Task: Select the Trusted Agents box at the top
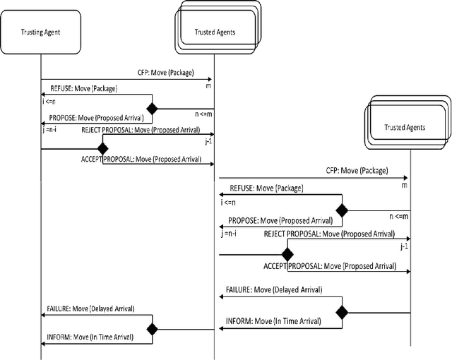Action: pos(215,32)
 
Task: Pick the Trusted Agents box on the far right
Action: pos(405,128)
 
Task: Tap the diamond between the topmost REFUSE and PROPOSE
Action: pos(150,109)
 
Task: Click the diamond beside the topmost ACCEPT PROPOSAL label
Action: pos(102,149)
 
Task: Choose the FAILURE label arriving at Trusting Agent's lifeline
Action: pos(90,308)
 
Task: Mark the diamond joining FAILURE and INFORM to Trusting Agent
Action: pos(150,328)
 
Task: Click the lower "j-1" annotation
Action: pos(404,247)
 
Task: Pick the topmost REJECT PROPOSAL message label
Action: pos(141,131)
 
